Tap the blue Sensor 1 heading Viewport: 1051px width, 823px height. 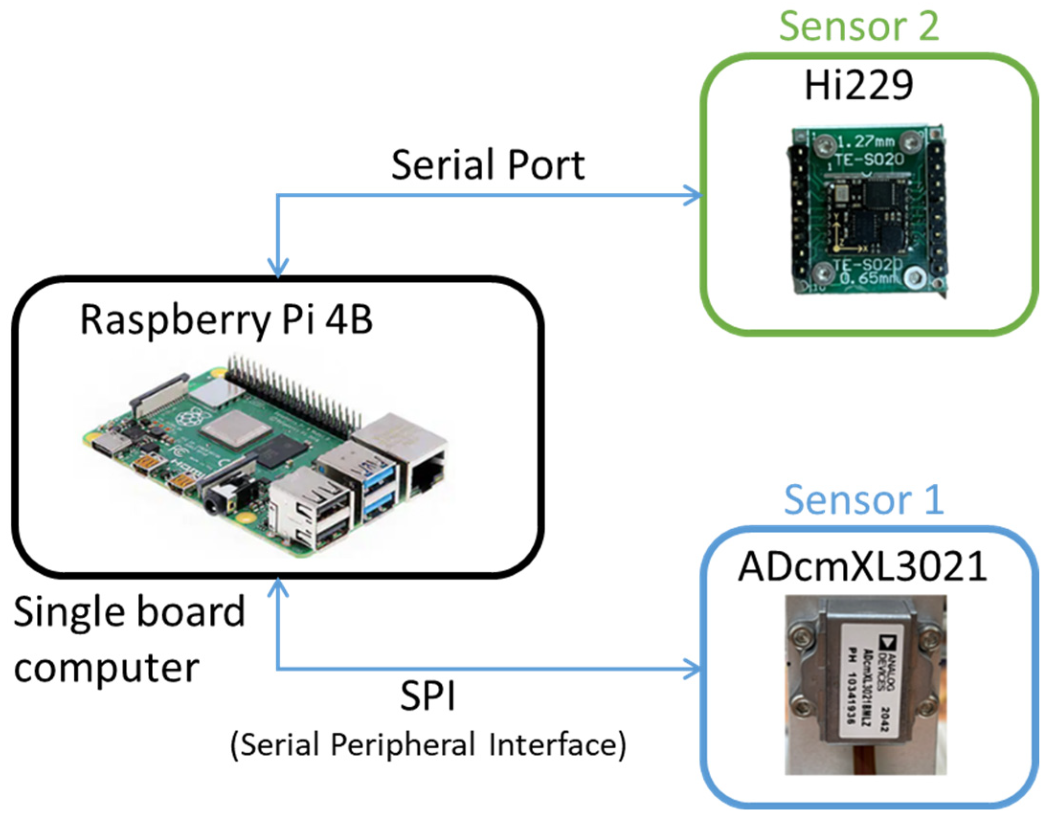tap(863, 500)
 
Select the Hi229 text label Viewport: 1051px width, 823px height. tap(858, 85)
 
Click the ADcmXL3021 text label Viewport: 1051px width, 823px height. tap(862, 567)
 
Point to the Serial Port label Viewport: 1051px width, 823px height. tap(488, 165)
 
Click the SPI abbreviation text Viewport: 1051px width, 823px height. tap(427, 697)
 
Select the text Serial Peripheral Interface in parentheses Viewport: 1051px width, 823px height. tap(428, 745)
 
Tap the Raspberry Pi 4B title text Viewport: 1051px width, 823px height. tap(226, 320)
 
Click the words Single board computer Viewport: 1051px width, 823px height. tap(129, 639)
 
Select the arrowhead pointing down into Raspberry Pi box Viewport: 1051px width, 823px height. tap(278, 268)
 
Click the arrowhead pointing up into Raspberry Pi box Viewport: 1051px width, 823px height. tap(278, 588)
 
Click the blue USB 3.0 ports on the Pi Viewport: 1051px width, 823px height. tap(380, 489)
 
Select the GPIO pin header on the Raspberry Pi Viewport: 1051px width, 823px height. tap(294, 395)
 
